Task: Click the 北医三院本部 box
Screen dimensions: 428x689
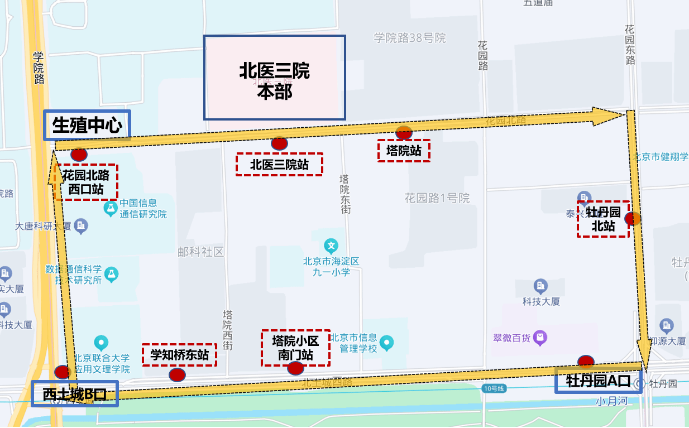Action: (x=274, y=78)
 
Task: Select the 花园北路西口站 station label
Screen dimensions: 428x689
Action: (x=86, y=182)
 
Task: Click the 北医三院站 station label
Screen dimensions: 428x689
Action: (x=279, y=165)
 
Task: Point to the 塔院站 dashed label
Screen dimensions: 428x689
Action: (x=404, y=151)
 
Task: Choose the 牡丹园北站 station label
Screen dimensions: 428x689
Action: (x=603, y=219)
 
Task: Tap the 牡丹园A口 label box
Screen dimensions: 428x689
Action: (x=598, y=381)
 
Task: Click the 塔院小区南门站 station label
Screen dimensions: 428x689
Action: (x=295, y=348)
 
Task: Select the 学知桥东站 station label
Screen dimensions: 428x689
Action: (x=179, y=354)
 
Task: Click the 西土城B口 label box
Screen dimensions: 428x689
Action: (x=74, y=395)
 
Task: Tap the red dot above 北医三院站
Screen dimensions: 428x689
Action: (x=279, y=143)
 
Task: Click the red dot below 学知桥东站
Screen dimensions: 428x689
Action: (x=177, y=374)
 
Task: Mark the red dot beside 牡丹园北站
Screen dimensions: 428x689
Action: (x=633, y=219)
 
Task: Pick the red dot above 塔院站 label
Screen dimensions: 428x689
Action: (x=404, y=133)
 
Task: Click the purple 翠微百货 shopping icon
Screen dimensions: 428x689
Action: (x=540, y=338)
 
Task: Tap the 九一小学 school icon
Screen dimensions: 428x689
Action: (x=332, y=246)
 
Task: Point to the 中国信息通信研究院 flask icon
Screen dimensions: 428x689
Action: (x=111, y=209)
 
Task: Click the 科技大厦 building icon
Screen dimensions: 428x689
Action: (x=540, y=286)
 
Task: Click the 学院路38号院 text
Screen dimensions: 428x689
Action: (x=410, y=38)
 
